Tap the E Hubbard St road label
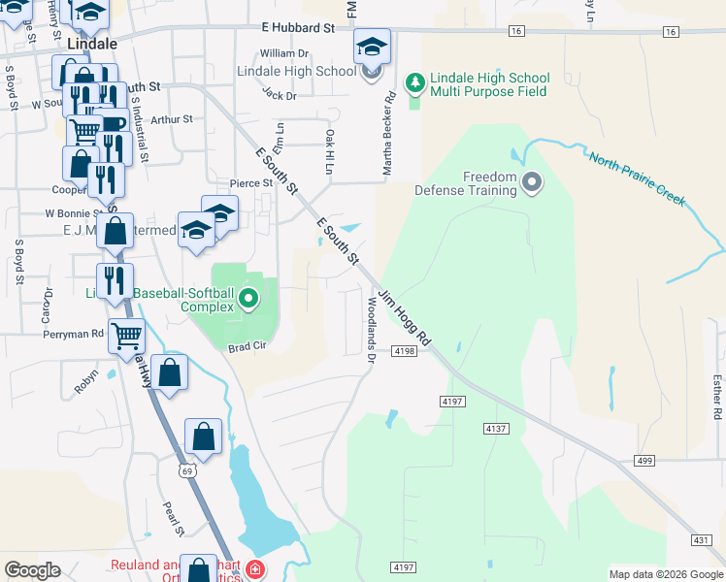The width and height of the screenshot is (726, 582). coord(297,30)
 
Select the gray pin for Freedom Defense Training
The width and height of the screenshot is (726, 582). coord(532,181)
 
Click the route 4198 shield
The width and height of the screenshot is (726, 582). coord(406,351)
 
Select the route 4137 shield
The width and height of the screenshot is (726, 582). coord(495,427)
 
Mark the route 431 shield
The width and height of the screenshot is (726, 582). coord(702,539)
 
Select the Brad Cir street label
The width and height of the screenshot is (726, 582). coord(247,346)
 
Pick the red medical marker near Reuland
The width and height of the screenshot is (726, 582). coord(254,568)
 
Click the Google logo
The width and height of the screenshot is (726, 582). coord(33,570)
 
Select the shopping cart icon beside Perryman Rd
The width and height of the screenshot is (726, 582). coord(127,336)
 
